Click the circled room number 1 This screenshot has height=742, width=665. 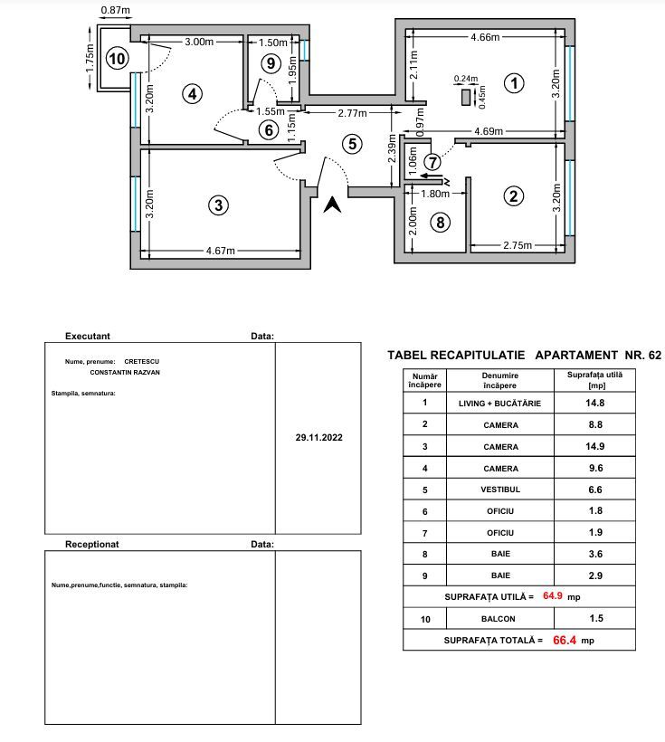point(514,83)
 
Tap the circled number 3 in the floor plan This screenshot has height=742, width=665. point(217,205)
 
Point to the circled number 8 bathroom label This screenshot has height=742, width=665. point(440,222)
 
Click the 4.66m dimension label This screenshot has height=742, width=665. point(486,38)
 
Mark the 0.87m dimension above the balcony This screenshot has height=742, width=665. point(115,10)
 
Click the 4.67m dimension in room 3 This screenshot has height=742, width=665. point(221,251)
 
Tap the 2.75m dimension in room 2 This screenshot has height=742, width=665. point(517,244)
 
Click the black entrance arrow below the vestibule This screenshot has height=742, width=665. point(333,205)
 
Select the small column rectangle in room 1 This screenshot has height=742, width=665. point(467,97)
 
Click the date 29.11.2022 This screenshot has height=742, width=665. point(319,436)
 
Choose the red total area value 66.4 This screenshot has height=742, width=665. point(565,640)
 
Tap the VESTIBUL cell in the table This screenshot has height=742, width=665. point(500,490)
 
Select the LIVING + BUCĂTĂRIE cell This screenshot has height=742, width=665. point(500,404)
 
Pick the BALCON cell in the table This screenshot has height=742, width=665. point(500,619)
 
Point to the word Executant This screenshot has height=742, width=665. point(88,336)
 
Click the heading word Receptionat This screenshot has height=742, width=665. point(92,545)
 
